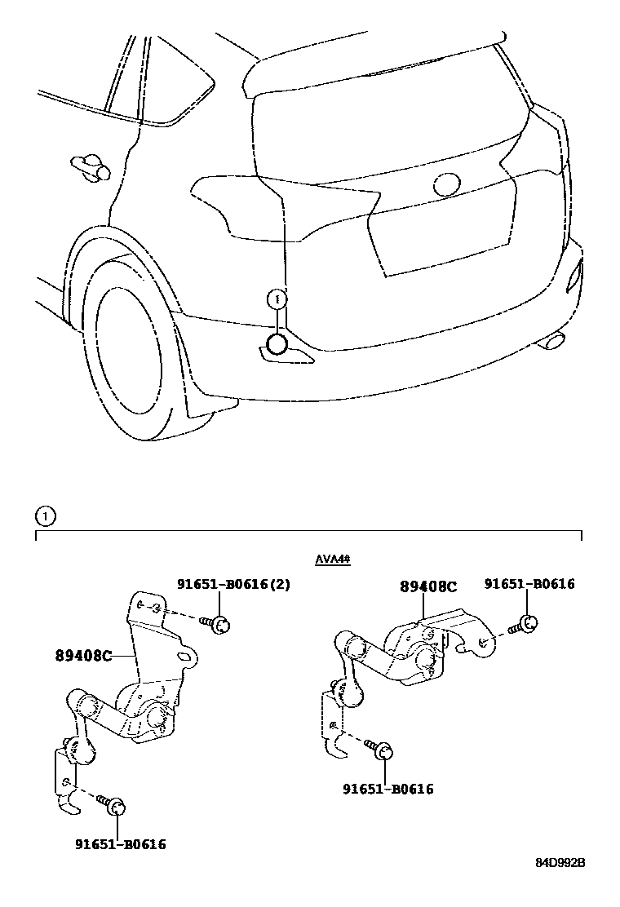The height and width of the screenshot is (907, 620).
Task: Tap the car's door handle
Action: click(x=90, y=166)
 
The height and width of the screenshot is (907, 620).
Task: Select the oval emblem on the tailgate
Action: click(x=448, y=184)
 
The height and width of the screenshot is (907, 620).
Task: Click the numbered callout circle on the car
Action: click(x=277, y=299)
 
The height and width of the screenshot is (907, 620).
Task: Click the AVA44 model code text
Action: click(x=332, y=560)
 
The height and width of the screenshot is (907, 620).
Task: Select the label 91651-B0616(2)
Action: click(x=233, y=584)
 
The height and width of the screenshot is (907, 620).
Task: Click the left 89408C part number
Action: click(x=84, y=654)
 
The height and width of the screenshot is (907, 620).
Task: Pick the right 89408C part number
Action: click(x=427, y=586)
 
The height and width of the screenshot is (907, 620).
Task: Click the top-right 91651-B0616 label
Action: click(x=529, y=584)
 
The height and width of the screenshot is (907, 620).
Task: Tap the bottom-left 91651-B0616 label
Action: click(x=120, y=844)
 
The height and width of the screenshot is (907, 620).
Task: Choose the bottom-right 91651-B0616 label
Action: click(x=387, y=789)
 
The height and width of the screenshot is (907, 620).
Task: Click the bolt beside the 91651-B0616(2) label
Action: click(x=218, y=624)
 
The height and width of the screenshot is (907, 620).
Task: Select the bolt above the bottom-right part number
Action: click(x=380, y=750)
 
